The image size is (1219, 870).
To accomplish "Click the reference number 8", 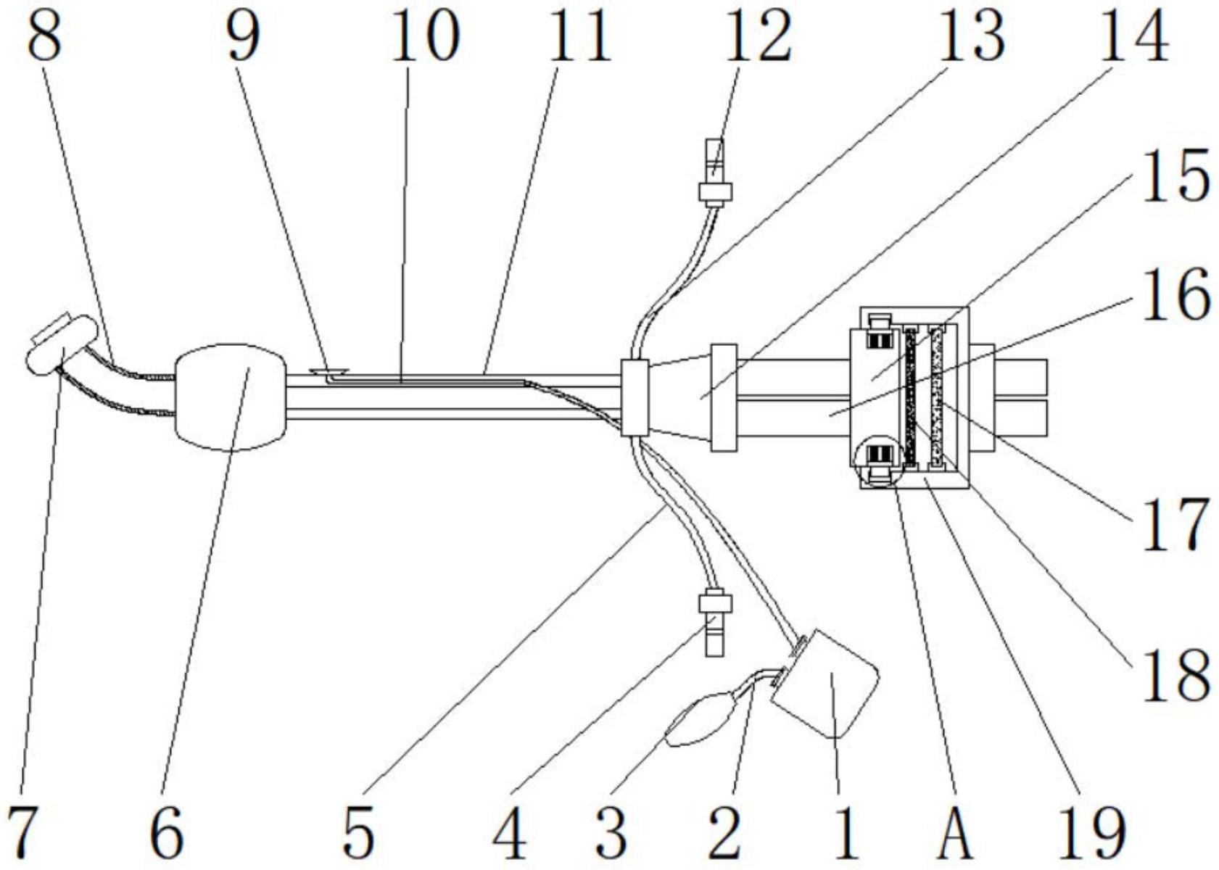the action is click(45, 36).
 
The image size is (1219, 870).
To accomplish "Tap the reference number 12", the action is click(758, 36).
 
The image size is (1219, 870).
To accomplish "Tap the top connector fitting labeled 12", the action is click(714, 173).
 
